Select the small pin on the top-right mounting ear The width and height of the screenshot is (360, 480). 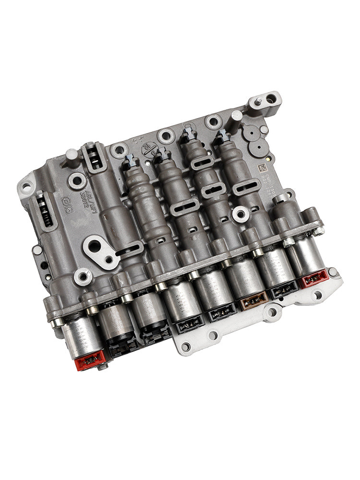click(258, 101)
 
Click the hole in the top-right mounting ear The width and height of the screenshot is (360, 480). click(271, 99)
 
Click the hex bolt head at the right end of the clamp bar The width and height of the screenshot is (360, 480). click(318, 230)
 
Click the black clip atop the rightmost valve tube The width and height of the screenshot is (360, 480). click(222, 136)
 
